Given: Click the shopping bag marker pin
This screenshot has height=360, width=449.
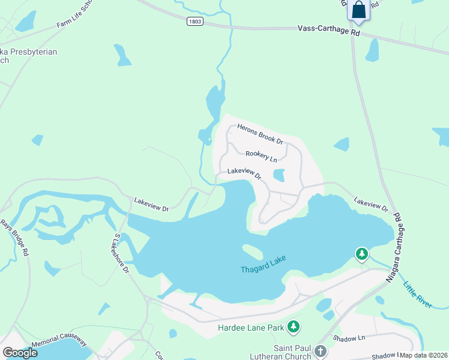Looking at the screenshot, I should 359,10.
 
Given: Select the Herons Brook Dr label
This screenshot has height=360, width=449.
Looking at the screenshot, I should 260,134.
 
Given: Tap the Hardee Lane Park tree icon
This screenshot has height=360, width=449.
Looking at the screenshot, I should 294,327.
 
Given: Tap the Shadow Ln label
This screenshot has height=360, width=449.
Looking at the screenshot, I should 354,338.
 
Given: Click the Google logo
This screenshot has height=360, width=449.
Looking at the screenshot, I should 20,353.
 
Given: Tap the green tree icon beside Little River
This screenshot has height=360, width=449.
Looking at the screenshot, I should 361,254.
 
